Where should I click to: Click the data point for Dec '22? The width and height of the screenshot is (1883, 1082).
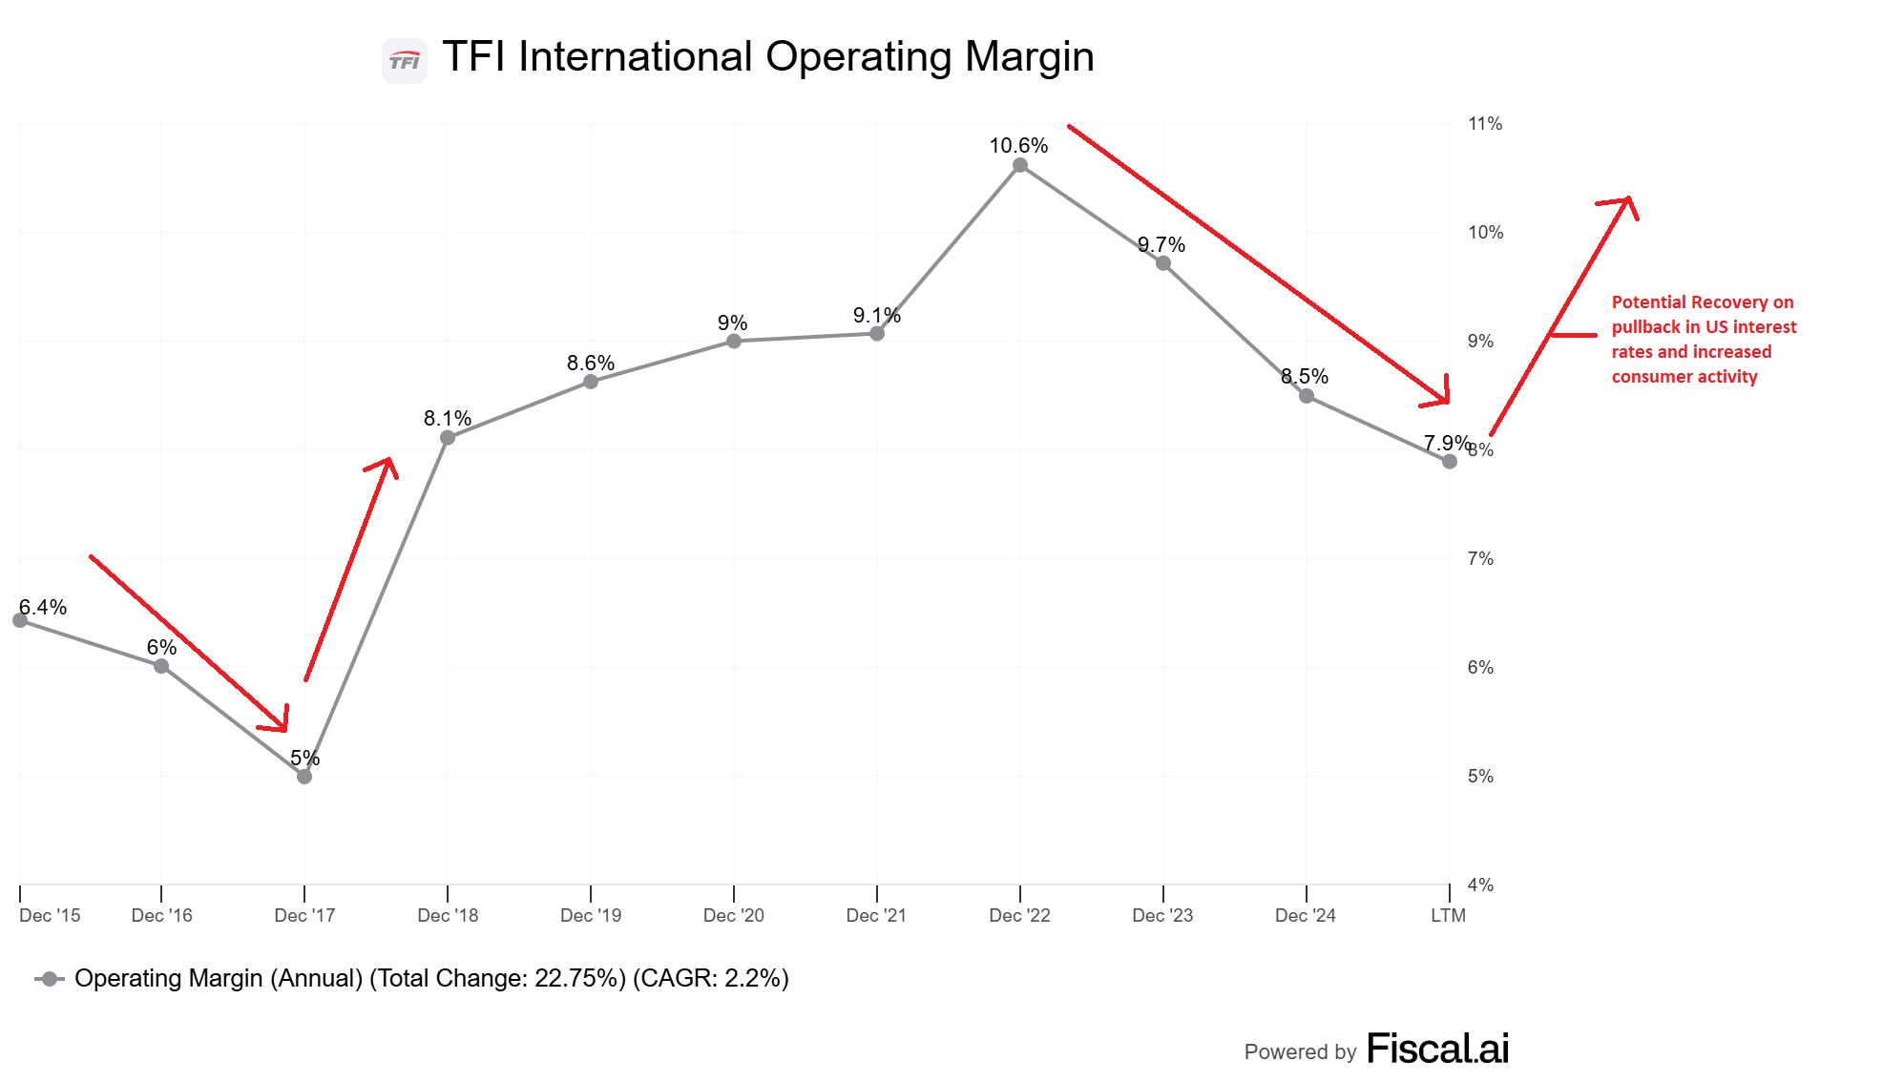(1019, 165)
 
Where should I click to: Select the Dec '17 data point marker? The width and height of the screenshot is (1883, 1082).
(304, 777)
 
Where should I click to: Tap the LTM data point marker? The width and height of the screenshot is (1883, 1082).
(1449, 462)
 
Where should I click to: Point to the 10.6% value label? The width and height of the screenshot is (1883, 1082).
(1018, 146)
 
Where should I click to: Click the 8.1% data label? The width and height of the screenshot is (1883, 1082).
(448, 419)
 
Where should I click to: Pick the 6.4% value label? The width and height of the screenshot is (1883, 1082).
(43, 608)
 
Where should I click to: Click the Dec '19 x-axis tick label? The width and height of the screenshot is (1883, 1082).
(591, 916)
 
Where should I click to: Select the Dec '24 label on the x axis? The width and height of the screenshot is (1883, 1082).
(1306, 916)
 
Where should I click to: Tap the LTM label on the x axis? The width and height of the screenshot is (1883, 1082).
(1448, 916)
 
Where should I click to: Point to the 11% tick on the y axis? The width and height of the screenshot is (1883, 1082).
(1485, 124)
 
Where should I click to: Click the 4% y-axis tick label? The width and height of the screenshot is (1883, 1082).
(1480, 885)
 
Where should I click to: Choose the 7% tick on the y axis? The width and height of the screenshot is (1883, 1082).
(1480, 559)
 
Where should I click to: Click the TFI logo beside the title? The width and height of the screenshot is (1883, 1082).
(405, 61)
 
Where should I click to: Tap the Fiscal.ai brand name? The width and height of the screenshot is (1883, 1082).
(1437, 1049)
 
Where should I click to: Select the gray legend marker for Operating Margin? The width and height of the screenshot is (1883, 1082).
(50, 979)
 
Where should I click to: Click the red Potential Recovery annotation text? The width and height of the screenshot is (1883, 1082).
(1703, 340)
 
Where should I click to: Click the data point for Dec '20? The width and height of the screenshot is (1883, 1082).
(733, 342)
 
